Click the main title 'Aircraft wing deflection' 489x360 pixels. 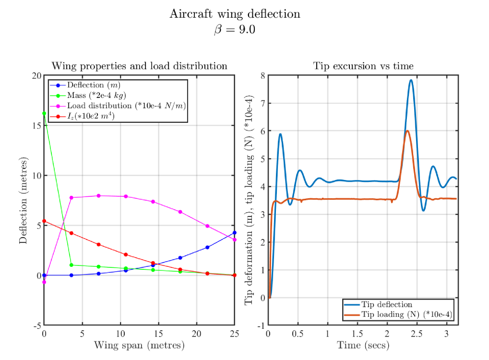[x=235, y=14]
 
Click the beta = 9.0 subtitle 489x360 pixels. [x=235, y=29]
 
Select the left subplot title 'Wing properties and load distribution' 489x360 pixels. [x=139, y=66]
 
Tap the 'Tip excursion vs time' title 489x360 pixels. [x=363, y=66]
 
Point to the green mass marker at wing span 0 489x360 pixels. [x=44, y=113]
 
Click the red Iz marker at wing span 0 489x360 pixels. [x=44, y=221]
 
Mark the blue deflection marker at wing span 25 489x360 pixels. [x=234, y=233]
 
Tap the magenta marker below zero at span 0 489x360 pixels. [x=44, y=282]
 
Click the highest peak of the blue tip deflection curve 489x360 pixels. [x=411, y=80]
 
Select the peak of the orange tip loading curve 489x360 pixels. [x=407, y=131]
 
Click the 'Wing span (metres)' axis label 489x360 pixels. [x=139, y=345]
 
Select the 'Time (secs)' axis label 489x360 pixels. [x=363, y=345]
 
